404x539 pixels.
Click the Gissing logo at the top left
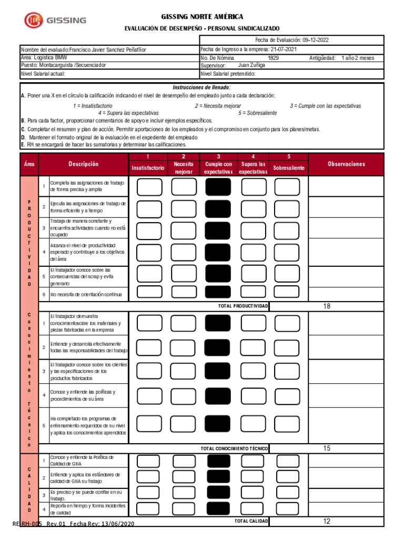[x=55, y=21]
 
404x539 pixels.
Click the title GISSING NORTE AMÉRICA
[x=202, y=17]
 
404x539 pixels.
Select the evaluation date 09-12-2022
[x=316, y=40]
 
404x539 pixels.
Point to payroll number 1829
[x=274, y=58]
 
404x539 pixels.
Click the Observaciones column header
[x=346, y=164]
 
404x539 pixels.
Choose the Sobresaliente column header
[x=289, y=167]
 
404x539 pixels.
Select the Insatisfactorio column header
[x=148, y=167]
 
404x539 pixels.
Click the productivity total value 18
[x=327, y=306]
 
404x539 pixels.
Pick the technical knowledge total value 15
[x=327, y=448]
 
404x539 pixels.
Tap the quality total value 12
[x=327, y=521]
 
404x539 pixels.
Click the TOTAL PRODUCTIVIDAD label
[x=243, y=306]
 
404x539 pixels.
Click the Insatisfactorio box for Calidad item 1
[x=149, y=461]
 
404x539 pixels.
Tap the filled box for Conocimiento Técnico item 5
[x=218, y=423]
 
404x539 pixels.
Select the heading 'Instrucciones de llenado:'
[x=202, y=87]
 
